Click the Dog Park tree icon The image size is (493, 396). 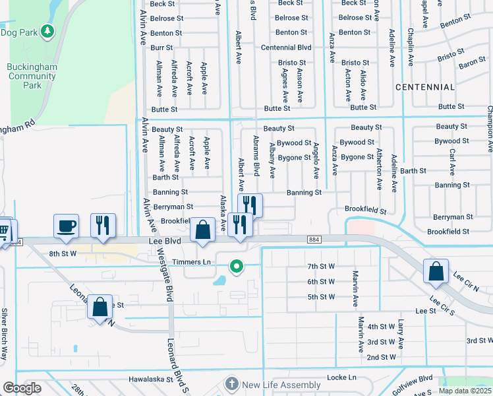(x=47, y=31)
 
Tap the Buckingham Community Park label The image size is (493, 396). (x=32, y=76)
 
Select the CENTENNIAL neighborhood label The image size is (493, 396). (x=426, y=87)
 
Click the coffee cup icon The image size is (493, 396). (x=66, y=226)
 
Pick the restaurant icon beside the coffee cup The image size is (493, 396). (x=103, y=226)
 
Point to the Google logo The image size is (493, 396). (x=22, y=389)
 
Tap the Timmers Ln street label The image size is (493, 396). (x=191, y=262)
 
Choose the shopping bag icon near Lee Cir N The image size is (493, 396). (x=436, y=271)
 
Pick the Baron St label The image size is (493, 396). (x=472, y=64)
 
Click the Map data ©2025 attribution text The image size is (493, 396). (x=465, y=391)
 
